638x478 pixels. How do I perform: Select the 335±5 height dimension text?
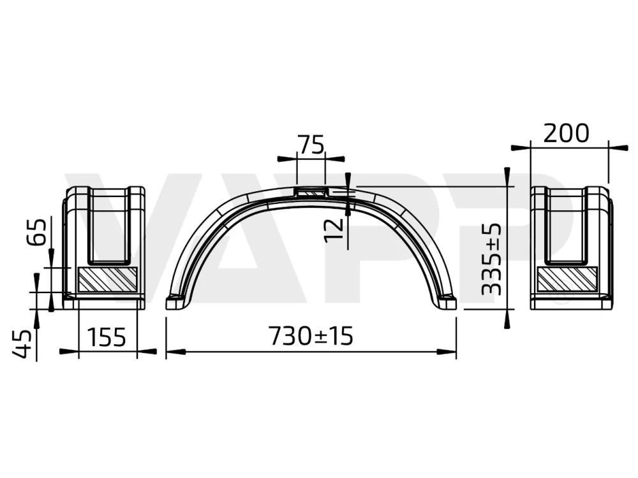tap(491, 259)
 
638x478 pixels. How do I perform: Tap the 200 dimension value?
tap(566, 133)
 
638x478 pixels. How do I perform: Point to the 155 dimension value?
tap(107, 337)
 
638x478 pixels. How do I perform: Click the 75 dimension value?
tap(311, 145)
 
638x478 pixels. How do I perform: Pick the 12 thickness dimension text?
tap(334, 229)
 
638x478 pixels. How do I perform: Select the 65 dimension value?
tap(38, 233)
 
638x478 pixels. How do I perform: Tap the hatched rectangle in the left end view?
tap(107, 279)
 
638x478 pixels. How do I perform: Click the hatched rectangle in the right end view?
tap(567, 279)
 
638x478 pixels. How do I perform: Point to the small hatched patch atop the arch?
tap(311, 191)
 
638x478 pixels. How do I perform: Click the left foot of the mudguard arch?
tap(175, 302)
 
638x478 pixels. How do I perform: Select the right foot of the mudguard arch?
tap(447, 302)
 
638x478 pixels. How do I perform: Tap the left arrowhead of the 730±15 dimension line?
tap(174, 351)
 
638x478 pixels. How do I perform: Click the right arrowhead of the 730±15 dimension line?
tap(449, 351)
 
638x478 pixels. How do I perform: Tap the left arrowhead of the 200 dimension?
tap(521, 147)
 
